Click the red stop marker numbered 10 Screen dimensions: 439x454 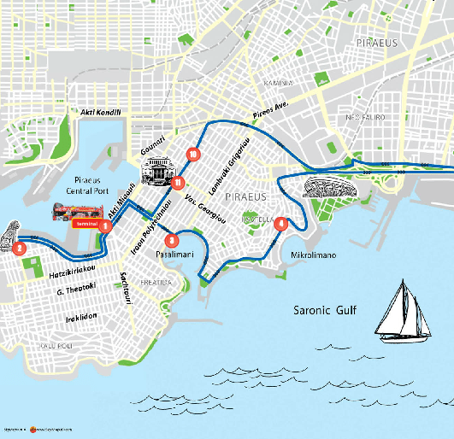(194, 155)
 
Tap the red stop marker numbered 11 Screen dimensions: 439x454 (176, 182)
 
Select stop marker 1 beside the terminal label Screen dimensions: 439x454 (104, 226)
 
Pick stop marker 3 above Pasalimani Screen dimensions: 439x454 (172, 240)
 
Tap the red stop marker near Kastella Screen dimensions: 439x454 (280, 225)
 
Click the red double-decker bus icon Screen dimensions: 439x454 (74, 211)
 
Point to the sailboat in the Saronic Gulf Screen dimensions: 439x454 (403, 312)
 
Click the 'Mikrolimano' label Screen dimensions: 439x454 (314, 255)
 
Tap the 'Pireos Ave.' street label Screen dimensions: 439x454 (272, 110)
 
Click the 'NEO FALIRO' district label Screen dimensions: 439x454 (363, 118)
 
